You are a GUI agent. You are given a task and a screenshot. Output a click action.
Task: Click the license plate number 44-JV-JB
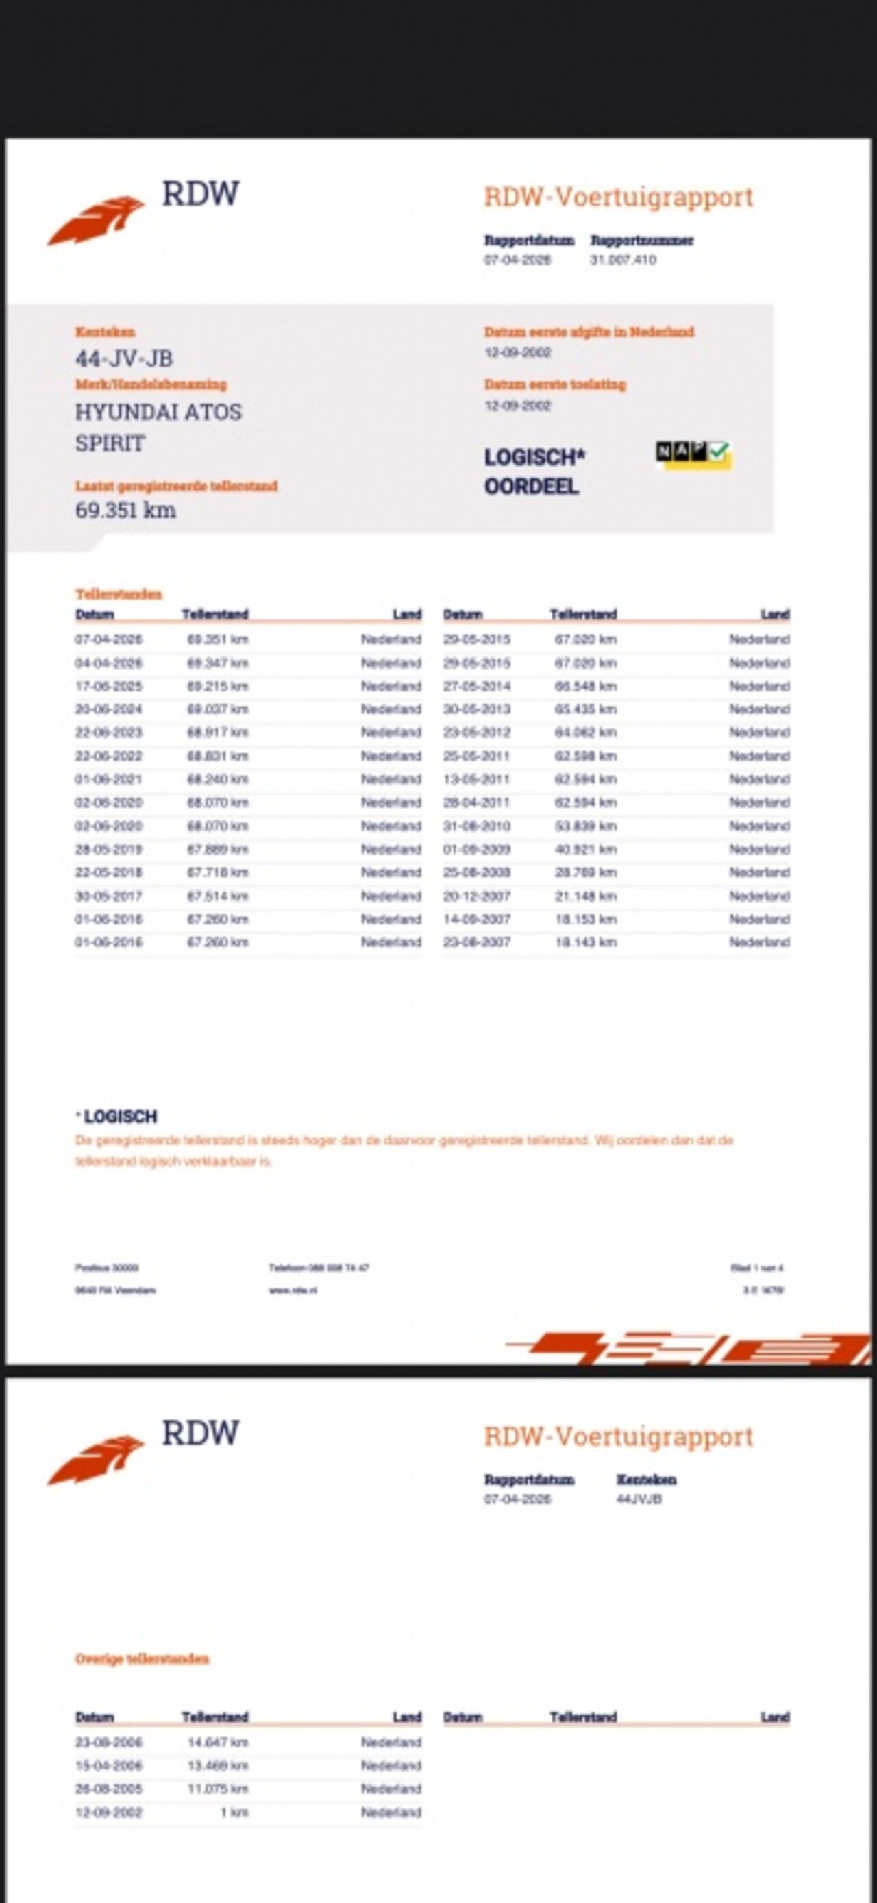124,358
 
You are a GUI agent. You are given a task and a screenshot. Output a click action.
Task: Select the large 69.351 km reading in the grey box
125,510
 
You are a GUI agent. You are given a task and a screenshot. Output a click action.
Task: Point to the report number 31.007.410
623,259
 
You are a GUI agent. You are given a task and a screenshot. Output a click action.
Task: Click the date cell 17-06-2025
109,686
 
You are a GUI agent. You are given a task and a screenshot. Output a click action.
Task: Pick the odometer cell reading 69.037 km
218,709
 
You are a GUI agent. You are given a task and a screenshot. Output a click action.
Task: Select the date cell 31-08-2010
477,826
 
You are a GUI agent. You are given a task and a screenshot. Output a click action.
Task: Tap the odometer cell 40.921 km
586,850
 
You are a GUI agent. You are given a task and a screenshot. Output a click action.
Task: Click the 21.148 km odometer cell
586,896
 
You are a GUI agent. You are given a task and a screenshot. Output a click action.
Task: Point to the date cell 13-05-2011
477,779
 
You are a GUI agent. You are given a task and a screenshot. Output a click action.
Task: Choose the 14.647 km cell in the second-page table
218,1742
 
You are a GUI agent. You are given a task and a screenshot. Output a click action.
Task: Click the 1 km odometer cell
234,1812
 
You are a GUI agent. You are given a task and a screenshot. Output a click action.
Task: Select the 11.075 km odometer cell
218,1789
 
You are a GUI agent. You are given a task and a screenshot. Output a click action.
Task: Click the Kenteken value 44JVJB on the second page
639,1499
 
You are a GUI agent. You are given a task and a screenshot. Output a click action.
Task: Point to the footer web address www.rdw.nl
293,1290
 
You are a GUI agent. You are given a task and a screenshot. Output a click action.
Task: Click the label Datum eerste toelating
555,384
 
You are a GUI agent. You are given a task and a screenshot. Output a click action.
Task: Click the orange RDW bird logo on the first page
96,219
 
